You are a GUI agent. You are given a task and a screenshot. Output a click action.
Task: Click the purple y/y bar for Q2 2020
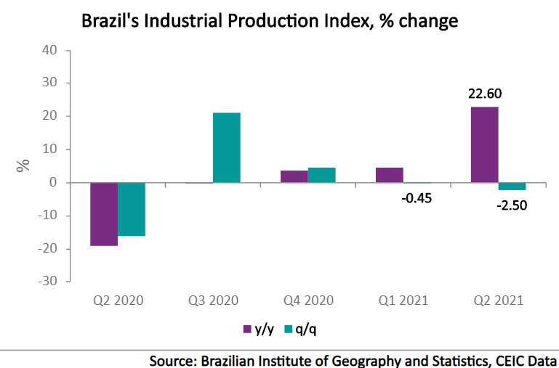(x=104, y=214)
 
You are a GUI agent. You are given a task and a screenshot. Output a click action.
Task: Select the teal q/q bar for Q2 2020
(x=132, y=209)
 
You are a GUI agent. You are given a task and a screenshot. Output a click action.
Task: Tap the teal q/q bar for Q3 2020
(x=227, y=147)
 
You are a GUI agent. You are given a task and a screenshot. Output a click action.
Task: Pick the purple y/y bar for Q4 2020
(x=294, y=176)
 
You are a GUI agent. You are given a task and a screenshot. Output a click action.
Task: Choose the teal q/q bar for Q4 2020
(x=321, y=175)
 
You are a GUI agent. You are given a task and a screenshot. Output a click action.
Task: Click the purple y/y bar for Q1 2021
(x=389, y=175)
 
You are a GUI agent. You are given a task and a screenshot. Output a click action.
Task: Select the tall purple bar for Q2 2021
(x=484, y=144)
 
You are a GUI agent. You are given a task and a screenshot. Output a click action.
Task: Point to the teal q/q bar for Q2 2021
(x=512, y=187)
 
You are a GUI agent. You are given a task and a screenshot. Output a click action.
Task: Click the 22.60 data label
(x=484, y=94)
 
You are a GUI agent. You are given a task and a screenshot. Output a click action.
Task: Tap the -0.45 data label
(x=417, y=198)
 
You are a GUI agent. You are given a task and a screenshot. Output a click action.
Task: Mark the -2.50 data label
(x=512, y=205)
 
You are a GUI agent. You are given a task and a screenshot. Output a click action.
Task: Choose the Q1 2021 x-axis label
(x=403, y=300)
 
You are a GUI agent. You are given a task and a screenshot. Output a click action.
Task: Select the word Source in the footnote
(x=172, y=360)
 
